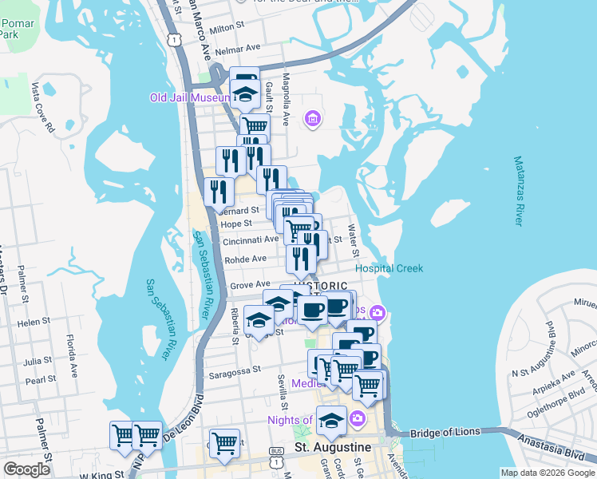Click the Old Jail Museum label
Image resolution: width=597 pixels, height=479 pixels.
[x=190, y=98]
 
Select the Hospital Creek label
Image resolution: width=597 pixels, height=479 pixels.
[x=389, y=268]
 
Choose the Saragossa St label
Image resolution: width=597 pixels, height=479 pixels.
[x=235, y=370]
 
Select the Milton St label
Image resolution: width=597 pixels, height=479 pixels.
[x=225, y=30]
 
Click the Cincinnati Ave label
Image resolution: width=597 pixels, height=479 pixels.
[x=251, y=239]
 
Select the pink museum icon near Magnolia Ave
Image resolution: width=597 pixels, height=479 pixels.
[x=312, y=120]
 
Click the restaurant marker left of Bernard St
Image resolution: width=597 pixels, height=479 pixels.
[x=217, y=192]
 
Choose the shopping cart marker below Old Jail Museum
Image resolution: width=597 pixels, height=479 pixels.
[x=255, y=126]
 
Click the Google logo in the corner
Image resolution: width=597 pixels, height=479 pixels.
[x=26, y=469]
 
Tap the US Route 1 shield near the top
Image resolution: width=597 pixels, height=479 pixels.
[x=172, y=39]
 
